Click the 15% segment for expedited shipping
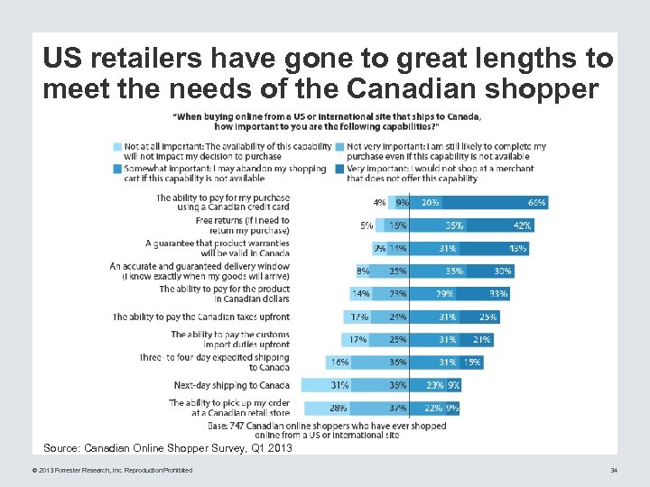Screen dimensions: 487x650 pyautogui.click(x=470, y=362)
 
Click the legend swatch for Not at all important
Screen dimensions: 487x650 pyautogui.click(x=117, y=146)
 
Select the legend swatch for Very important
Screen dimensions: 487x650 pyautogui.click(x=339, y=169)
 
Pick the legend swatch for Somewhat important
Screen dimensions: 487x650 pyautogui.click(x=117, y=169)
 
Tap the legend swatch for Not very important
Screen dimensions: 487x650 pyautogui.click(x=339, y=146)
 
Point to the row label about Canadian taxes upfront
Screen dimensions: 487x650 pyautogui.click(x=201, y=317)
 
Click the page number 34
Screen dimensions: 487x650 pyautogui.click(x=613, y=470)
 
